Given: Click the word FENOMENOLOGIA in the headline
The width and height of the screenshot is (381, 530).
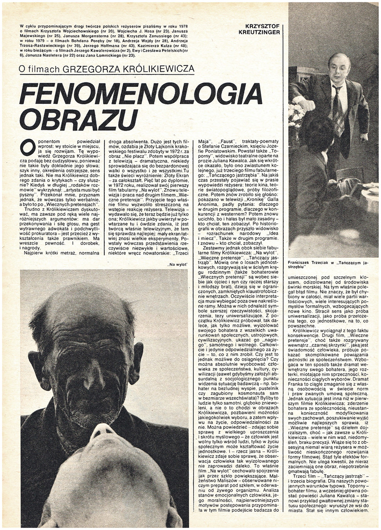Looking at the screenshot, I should (x=140, y=94).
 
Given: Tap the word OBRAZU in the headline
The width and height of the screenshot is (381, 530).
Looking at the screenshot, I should (x=78, y=119).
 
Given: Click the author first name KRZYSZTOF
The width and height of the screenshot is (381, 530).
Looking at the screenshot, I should (x=263, y=26).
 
